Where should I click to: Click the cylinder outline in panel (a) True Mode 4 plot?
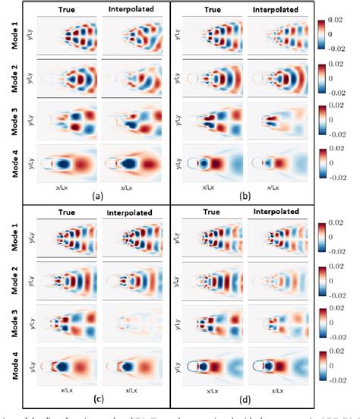pos(49,162)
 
